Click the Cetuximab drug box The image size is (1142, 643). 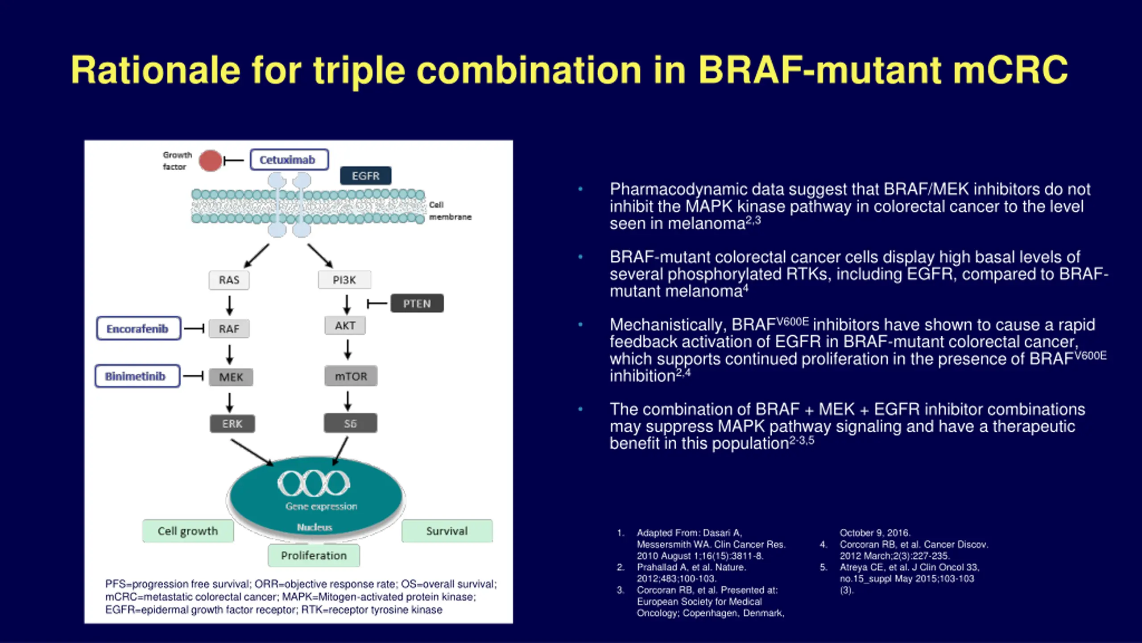click(x=289, y=160)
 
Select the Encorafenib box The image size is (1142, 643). click(x=138, y=329)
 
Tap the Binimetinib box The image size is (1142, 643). click(x=137, y=376)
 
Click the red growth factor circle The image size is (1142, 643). click(x=210, y=161)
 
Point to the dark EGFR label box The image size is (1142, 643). click(x=365, y=176)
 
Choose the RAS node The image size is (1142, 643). click(x=229, y=280)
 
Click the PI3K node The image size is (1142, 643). click(x=344, y=280)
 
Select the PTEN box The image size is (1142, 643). click(x=417, y=304)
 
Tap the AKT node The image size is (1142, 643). click(x=345, y=326)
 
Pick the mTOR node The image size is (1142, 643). click(x=351, y=376)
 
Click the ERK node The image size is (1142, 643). click(x=232, y=424)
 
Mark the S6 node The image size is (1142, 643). click(x=350, y=423)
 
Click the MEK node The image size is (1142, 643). click(x=231, y=377)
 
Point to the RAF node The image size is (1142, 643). click(x=229, y=329)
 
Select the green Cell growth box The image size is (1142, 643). click(x=187, y=531)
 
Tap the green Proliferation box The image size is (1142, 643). click(x=314, y=555)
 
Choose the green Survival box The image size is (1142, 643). click(x=447, y=531)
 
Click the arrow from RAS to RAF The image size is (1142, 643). click(x=229, y=305)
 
